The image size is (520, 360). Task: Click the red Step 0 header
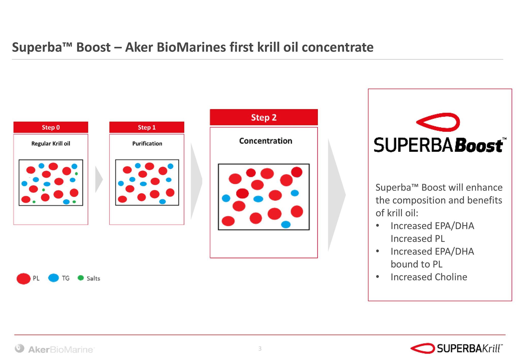point(51,127)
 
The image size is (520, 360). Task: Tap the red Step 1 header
point(147,127)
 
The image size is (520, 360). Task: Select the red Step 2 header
point(264,117)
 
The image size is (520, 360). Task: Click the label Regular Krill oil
point(51,144)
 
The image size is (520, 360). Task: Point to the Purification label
point(147,144)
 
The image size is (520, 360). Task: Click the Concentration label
point(266,141)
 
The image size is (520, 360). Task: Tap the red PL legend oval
point(23,278)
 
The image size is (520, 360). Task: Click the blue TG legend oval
point(53,278)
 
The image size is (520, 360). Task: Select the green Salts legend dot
point(81,278)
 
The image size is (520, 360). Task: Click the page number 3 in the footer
point(260,349)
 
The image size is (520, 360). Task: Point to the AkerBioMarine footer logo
point(55,349)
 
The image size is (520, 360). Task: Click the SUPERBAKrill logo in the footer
point(457,349)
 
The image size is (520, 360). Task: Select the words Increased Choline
point(429,277)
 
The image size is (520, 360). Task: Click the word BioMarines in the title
point(191,47)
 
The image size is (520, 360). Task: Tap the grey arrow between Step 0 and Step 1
point(99,180)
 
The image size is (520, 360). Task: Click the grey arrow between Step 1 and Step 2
point(197,181)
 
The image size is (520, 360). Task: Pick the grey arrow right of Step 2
point(337,195)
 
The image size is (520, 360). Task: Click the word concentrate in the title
point(338,48)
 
